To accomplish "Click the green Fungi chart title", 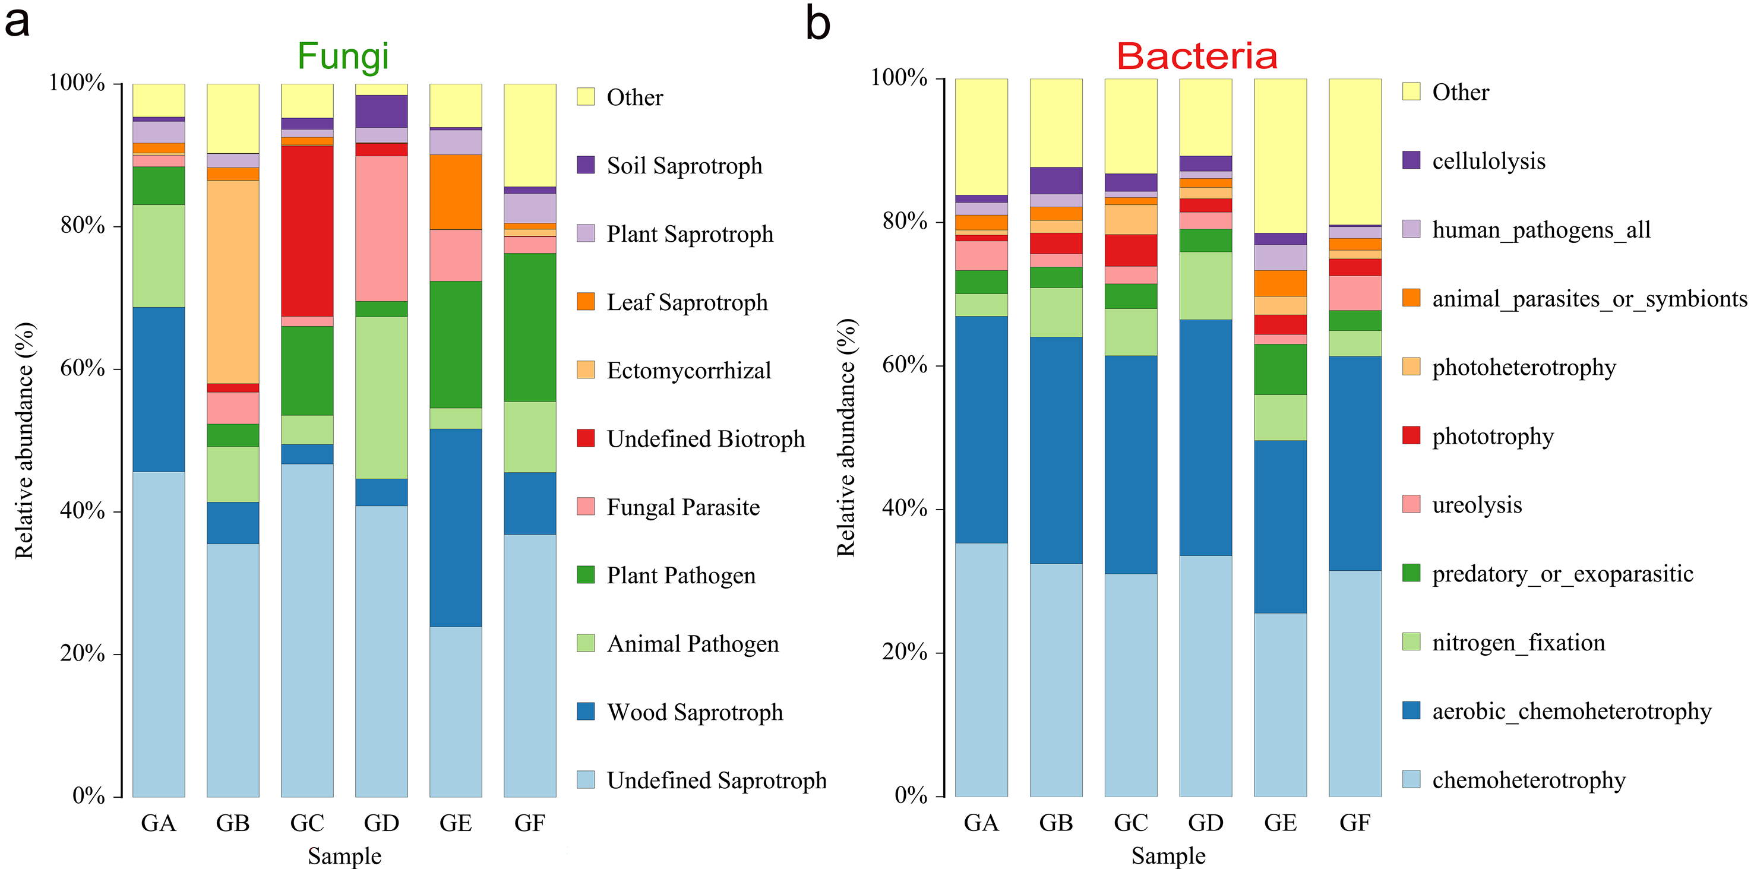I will click(343, 56).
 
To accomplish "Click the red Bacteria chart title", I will click(1196, 56).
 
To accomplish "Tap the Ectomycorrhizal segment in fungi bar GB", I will click(233, 282).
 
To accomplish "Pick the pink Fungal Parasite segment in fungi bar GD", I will click(381, 228).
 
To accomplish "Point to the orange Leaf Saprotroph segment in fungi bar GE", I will click(456, 191).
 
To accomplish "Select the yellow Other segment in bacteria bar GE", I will click(1280, 155).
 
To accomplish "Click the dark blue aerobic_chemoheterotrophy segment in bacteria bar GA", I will click(981, 429).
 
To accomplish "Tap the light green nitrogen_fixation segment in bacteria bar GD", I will click(1205, 285).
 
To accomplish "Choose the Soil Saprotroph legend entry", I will click(684, 166).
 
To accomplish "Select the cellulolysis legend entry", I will click(1488, 161).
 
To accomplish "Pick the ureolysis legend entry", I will click(1476, 505).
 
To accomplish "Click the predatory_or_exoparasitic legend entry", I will click(1562, 573).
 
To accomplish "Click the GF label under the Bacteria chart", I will click(1354, 823).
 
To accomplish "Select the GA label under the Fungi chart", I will click(159, 823).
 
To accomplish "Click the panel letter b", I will click(818, 23).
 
